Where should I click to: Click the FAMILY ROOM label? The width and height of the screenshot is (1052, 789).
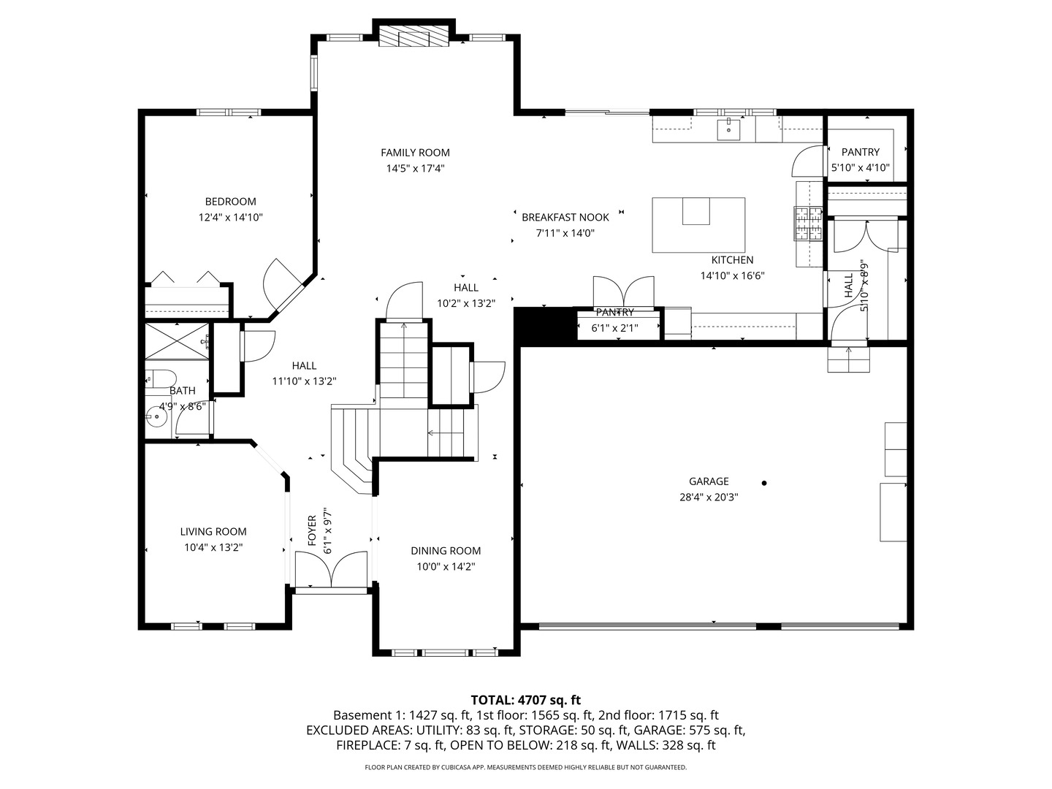(415, 153)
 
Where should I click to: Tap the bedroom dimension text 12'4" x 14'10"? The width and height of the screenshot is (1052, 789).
(231, 217)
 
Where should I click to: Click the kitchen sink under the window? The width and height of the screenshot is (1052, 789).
(728, 129)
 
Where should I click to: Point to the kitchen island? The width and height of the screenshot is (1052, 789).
(698, 225)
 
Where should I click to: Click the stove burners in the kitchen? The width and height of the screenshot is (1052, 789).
(808, 223)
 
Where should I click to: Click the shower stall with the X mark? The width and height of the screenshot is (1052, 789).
(177, 341)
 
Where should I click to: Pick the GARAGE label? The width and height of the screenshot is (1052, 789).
(709, 481)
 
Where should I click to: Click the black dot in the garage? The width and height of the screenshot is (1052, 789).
(764, 483)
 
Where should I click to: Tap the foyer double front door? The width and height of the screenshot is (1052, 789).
(331, 569)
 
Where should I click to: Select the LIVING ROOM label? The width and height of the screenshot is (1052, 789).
(213, 531)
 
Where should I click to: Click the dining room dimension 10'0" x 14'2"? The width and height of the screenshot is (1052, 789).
(446, 567)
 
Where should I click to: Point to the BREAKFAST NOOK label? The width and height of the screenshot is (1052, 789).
(565, 217)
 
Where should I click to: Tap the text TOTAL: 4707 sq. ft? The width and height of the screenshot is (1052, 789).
(526, 700)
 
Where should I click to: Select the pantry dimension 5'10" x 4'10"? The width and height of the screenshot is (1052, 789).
(861, 168)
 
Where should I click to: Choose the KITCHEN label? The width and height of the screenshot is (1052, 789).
(732, 259)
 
